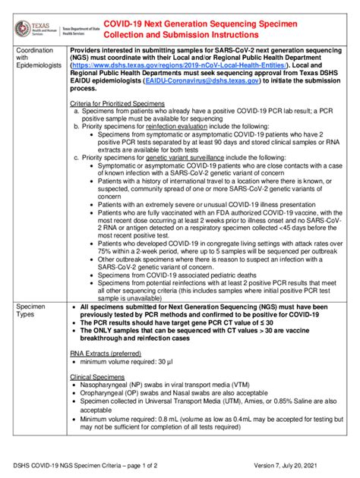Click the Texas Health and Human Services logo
click(x=35, y=28)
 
